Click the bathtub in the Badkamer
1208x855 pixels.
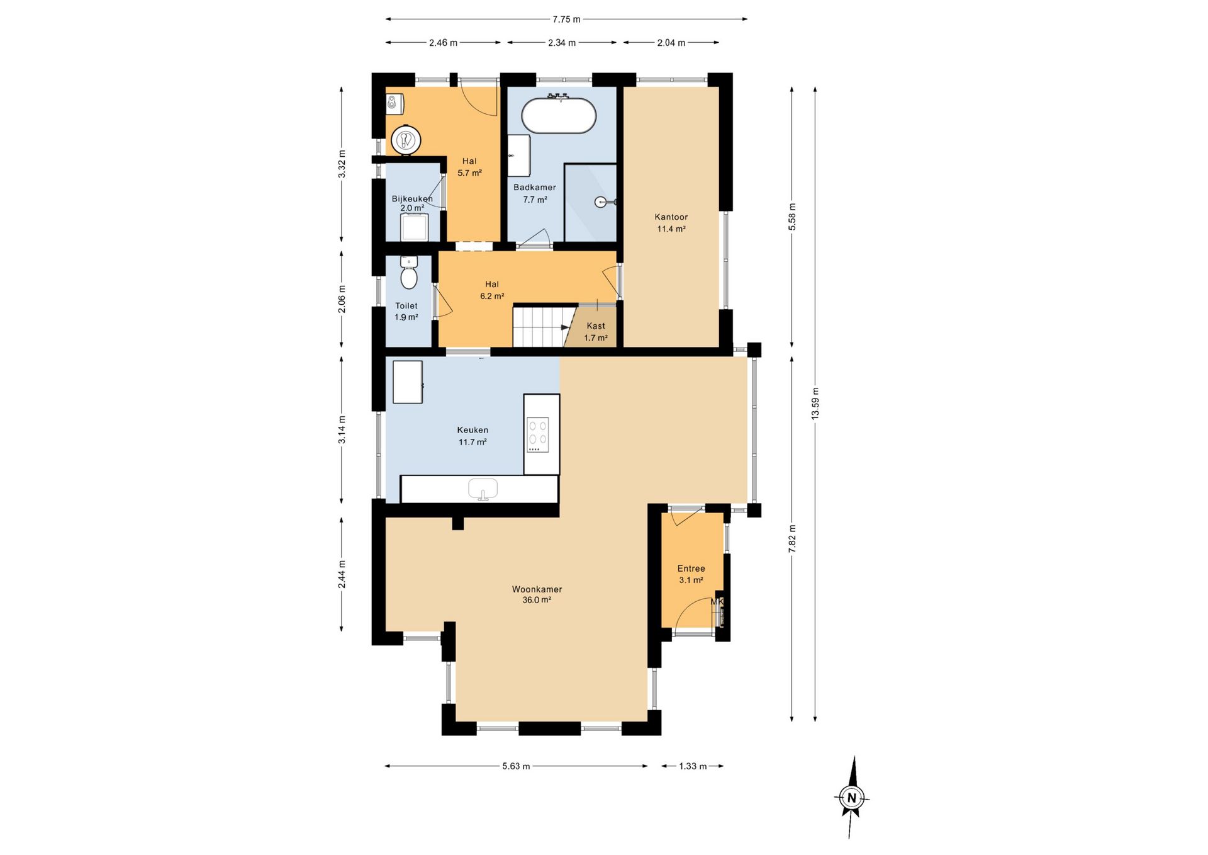click(559, 115)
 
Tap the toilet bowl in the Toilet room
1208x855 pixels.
click(409, 274)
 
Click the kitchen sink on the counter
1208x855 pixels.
click(483, 489)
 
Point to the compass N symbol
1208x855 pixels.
click(852, 798)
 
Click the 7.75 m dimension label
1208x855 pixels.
click(566, 20)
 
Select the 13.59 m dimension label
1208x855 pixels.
click(815, 404)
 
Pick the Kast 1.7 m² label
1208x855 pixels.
click(596, 332)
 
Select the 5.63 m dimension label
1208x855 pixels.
click(516, 766)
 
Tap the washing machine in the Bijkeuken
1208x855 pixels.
click(415, 227)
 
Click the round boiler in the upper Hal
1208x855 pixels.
click(406, 139)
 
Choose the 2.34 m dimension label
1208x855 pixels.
click(562, 43)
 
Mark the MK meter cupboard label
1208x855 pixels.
click(717, 602)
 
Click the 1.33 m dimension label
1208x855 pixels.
click(693, 766)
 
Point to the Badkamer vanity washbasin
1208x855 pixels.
click(519, 156)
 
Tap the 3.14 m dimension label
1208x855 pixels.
click(342, 429)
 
